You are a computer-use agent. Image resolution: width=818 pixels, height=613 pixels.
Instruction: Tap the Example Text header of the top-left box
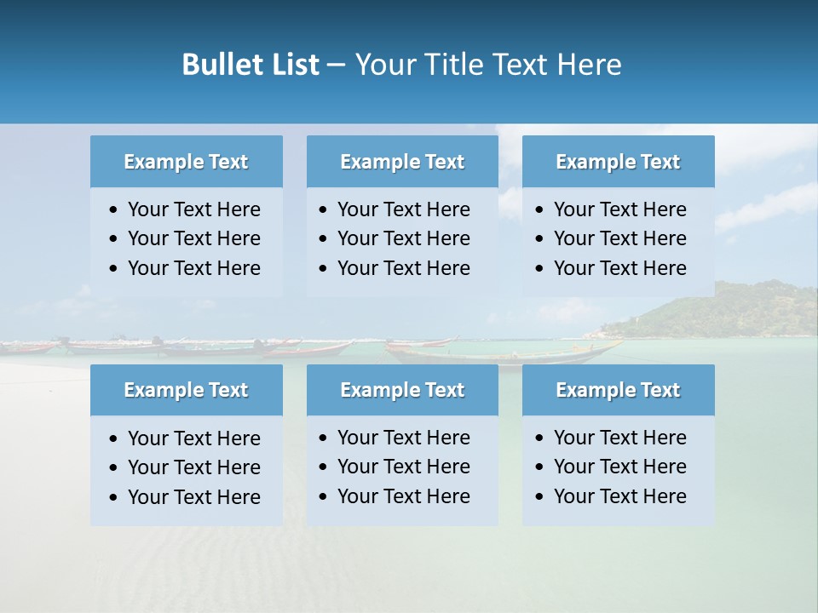click(x=186, y=162)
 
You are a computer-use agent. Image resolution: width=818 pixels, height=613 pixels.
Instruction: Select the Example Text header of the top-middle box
click(x=402, y=162)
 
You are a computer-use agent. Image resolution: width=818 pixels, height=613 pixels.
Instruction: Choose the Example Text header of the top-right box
click(x=618, y=162)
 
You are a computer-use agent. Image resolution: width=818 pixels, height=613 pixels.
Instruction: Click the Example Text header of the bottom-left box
click(x=186, y=390)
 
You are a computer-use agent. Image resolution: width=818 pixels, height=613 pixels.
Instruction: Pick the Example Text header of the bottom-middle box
click(x=402, y=390)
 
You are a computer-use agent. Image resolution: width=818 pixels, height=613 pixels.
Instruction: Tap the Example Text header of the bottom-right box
click(x=618, y=390)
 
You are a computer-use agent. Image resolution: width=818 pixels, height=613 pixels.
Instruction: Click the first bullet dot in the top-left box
click(x=114, y=210)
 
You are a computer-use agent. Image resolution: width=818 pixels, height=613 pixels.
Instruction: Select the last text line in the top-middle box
click(x=403, y=268)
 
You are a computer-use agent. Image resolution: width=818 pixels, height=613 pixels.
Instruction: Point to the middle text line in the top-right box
click(x=619, y=238)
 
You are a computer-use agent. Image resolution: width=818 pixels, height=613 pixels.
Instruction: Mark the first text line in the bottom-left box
click(x=193, y=438)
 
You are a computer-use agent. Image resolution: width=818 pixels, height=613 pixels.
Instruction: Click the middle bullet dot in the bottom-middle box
click(x=324, y=467)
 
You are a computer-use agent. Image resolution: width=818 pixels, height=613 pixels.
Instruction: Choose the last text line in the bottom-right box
click(x=619, y=496)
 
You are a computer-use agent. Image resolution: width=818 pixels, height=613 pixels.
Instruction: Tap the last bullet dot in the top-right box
click(x=540, y=269)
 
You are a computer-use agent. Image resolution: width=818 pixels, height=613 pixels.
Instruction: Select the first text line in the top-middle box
click(x=403, y=209)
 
